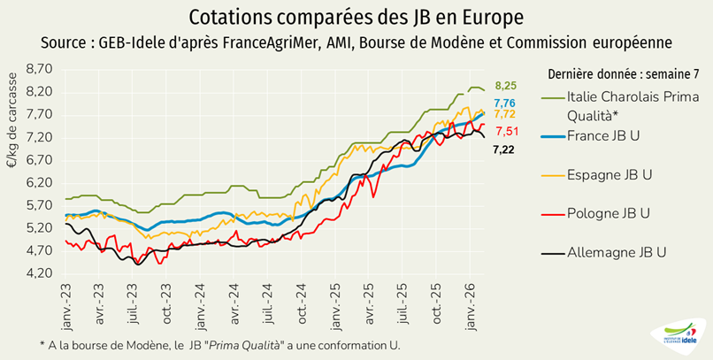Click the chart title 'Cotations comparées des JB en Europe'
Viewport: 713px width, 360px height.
(356, 18)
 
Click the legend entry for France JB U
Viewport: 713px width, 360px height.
(603, 135)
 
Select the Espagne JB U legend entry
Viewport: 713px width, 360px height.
(610, 175)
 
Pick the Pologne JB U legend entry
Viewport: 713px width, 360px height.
(609, 213)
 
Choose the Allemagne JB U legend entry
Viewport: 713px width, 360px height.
(617, 253)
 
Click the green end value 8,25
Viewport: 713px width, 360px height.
(505, 86)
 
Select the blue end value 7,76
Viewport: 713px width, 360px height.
(505, 103)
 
